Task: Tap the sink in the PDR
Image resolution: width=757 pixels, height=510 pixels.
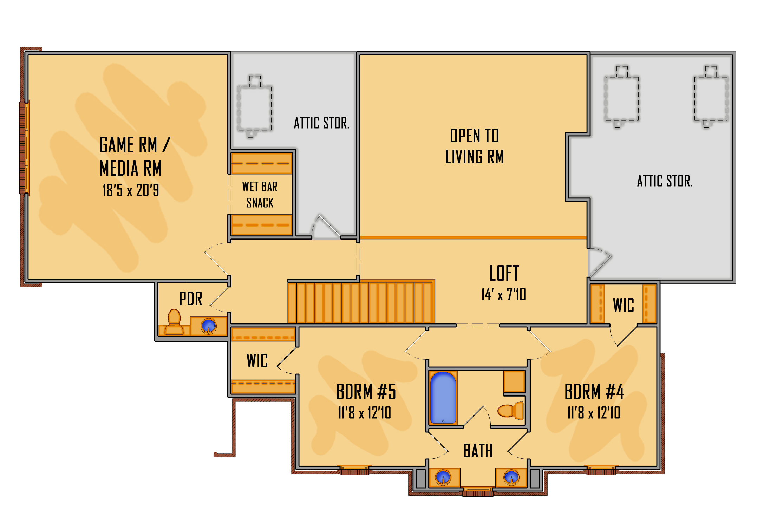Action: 209,326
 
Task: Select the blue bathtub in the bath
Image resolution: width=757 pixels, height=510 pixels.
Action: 443,398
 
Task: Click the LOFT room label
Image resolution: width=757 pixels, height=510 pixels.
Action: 504,273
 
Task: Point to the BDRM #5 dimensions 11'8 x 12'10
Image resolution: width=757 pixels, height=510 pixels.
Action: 364,413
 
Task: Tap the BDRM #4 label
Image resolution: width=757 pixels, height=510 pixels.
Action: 594,392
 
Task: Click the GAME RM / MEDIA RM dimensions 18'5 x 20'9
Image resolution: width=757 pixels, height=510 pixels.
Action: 131,190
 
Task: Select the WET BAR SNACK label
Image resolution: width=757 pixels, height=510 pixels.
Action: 260,195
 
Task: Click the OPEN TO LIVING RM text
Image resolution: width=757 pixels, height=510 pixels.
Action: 475,146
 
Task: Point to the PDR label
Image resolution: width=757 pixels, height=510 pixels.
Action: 190,299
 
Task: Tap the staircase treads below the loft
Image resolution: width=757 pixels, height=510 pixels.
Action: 361,301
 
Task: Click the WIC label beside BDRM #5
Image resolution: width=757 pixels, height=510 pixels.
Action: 257,361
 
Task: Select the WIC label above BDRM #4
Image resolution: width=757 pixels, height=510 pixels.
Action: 624,305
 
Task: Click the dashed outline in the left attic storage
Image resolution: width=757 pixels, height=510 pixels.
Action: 255,106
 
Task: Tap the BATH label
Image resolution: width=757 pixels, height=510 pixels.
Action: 478,451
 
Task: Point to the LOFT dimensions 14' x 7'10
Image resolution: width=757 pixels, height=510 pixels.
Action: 504,294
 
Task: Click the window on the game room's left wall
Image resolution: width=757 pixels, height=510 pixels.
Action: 24,148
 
